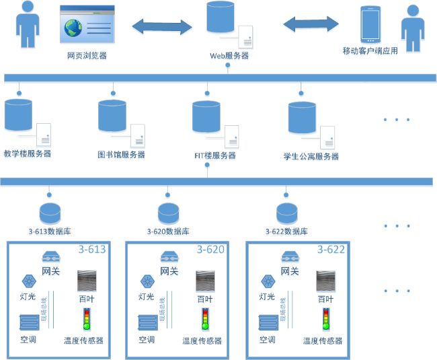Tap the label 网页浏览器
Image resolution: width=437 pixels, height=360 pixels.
87,56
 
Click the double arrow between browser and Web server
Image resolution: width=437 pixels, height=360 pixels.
162,27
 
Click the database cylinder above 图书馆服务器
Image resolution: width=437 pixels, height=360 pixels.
112,115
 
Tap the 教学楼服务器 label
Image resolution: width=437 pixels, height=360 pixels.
28,153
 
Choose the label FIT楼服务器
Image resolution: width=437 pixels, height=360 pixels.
215,155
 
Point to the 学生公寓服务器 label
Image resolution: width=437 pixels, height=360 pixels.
311,157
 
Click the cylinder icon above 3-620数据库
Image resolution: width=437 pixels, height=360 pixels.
168,213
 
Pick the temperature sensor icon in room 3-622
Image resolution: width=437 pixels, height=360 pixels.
325,319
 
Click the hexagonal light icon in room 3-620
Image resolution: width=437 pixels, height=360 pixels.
146,281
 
